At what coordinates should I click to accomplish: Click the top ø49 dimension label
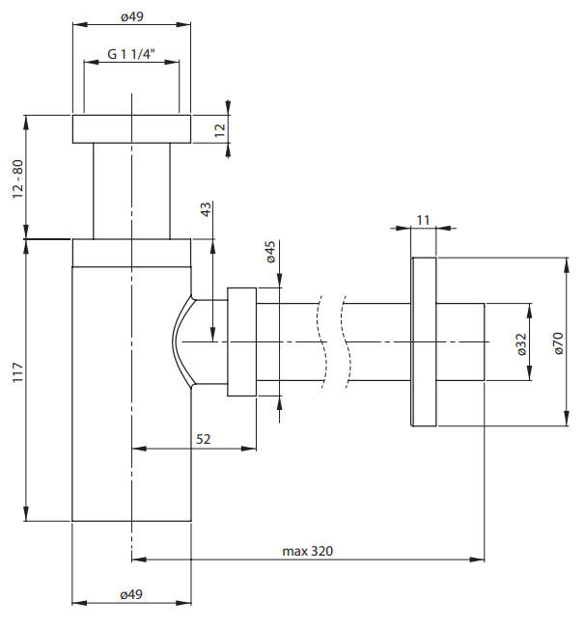click(132, 16)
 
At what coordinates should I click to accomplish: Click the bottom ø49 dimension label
click(132, 595)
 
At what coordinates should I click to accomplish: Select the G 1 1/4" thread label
click(133, 54)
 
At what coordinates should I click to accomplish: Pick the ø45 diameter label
click(271, 253)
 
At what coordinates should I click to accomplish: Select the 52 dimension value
click(204, 439)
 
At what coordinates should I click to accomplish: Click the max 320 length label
click(308, 551)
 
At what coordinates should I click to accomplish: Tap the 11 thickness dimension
click(423, 221)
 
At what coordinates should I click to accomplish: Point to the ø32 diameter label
click(520, 343)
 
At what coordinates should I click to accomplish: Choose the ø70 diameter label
click(559, 342)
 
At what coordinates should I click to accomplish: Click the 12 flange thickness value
click(220, 128)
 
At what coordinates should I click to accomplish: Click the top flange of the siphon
click(132, 129)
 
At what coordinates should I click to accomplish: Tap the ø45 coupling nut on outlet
click(241, 341)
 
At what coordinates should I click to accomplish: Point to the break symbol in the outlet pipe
click(334, 341)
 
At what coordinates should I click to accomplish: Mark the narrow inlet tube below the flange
click(132, 190)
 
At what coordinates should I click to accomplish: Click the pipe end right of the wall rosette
click(461, 341)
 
